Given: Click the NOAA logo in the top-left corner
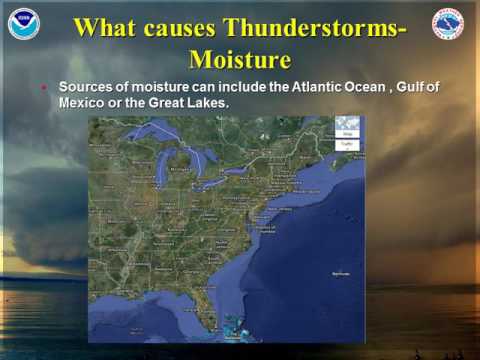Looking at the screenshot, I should (x=23, y=24).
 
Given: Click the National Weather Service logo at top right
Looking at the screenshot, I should (x=448, y=24).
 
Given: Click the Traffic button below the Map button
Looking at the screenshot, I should (x=347, y=144).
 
